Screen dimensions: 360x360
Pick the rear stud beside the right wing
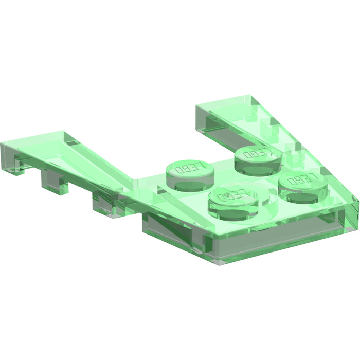click(256, 156)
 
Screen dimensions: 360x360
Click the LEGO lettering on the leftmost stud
click(190, 168)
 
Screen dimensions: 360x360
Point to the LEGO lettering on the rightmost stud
click(302, 181)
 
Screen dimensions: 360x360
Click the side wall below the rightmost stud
click(309, 226)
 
